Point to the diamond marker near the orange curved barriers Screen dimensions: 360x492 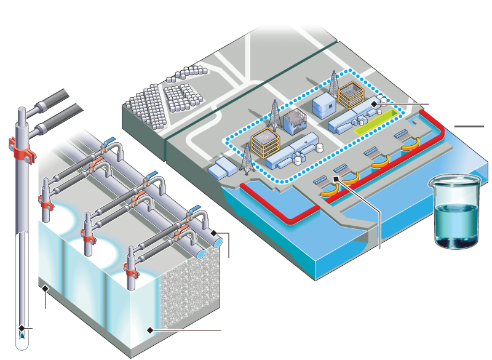pyautogui.click(x=336, y=179)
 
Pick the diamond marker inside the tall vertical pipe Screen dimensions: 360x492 pyautogui.click(x=22, y=327)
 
